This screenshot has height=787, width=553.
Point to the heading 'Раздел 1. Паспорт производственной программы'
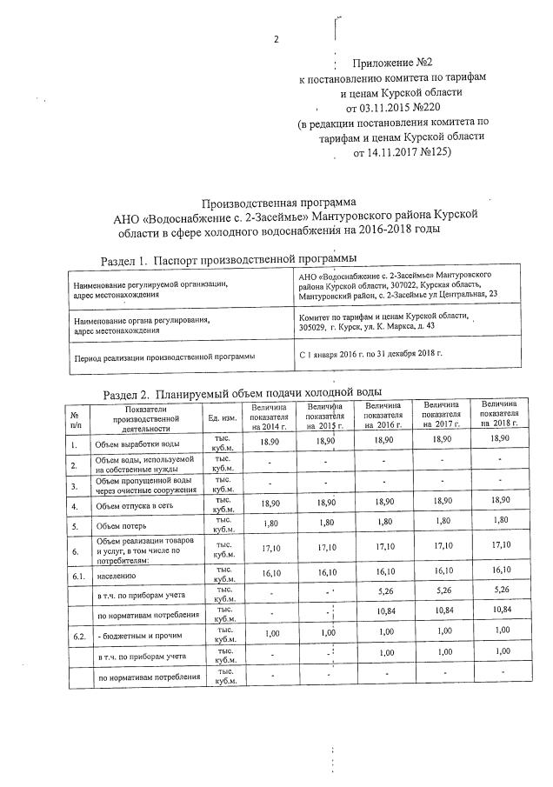click(x=229, y=259)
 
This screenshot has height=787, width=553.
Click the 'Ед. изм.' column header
click(x=223, y=417)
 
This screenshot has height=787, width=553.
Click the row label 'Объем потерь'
click(x=122, y=525)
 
